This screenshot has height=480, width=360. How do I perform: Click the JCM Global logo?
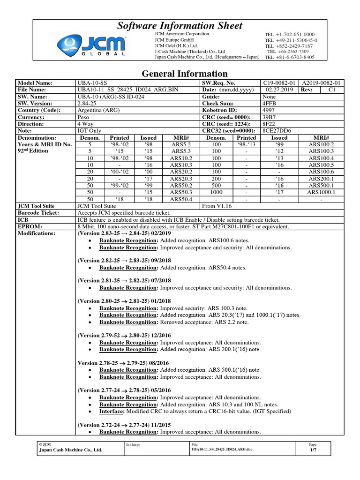click(92, 46)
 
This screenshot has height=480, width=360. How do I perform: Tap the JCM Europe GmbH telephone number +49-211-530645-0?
click(290, 41)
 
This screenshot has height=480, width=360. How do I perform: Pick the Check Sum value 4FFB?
click(269, 103)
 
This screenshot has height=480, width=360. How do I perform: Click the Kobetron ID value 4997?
click(269, 110)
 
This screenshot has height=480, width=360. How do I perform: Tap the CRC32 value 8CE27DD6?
click(276, 131)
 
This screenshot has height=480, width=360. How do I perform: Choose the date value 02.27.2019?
click(279, 89)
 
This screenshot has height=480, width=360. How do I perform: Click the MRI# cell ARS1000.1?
click(321, 192)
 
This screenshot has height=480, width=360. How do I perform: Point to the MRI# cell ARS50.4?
click(182, 199)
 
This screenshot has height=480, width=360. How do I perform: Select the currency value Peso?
click(84, 117)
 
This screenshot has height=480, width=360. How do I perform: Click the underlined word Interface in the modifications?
click(112, 411)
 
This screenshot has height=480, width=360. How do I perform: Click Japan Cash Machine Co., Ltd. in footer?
click(70, 450)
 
